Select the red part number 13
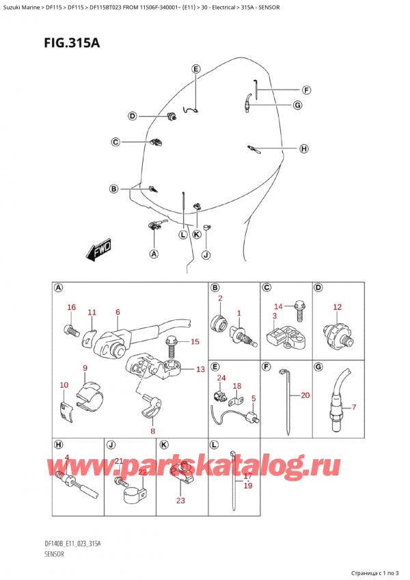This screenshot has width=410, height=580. pos(200,369)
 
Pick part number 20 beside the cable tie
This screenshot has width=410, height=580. pos(305,395)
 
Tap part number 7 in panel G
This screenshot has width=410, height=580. pos(354,408)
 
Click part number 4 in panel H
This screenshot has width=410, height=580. pos(67,458)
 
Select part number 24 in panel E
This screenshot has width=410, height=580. pos(221,378)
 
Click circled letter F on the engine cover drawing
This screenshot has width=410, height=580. pos(306,90)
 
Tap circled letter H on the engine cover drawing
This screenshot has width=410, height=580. pos(303,148)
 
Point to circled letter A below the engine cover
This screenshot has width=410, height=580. pos(153,254)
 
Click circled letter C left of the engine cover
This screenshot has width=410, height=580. pos(115,142)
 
